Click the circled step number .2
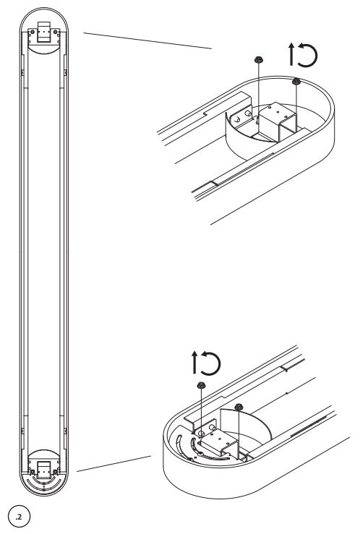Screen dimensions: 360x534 [x=19, y=517]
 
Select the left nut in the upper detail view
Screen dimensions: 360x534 [x=259, y=60]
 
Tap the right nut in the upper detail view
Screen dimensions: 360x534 [x=296, y=81]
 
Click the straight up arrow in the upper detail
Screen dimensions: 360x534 [x=291, y=54]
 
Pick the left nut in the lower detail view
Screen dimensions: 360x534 [x=201, y=385]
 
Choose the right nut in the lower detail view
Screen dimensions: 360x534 [x=239, y=406]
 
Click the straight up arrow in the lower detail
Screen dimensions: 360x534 [x=194, y=362]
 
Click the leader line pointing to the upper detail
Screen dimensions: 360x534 [x=147, y=41]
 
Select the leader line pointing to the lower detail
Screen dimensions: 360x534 [x=113, y=463]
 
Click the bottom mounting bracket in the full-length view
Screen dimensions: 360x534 [x=44, y=470]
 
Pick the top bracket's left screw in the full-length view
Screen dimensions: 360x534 [x=32, y=32]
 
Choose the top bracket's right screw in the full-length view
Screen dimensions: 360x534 [x=56, y=32]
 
